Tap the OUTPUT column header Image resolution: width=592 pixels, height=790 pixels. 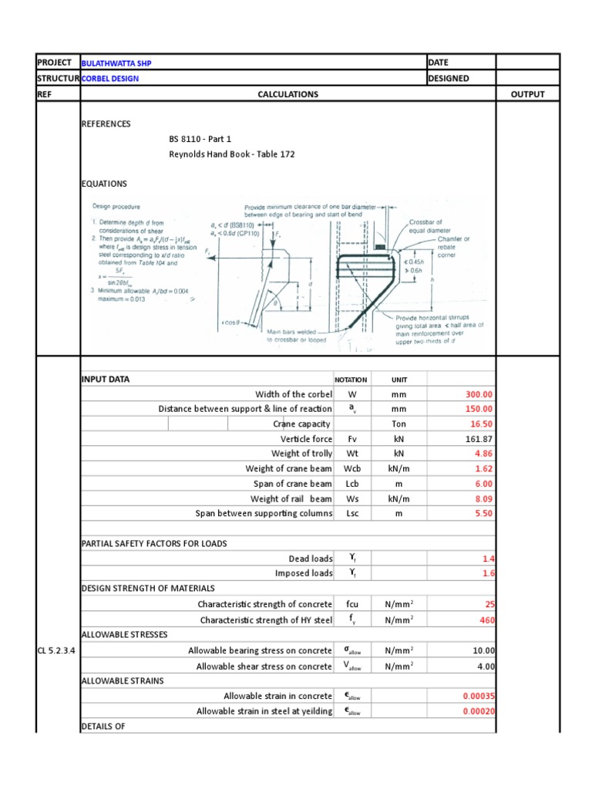527,94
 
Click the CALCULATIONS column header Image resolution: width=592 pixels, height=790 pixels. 288,94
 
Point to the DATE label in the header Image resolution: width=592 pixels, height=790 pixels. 439,62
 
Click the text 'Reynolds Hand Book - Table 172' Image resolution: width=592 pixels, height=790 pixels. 231,154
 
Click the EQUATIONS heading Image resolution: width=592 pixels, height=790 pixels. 104,184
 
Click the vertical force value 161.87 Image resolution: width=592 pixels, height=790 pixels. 478,439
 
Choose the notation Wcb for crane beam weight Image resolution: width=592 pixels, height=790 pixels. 351,469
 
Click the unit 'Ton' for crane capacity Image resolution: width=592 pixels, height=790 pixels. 399,424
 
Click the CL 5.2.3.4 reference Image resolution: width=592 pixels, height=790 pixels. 57,650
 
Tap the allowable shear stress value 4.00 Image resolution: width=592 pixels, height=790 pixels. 485,666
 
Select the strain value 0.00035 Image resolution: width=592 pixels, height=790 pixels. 478,696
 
